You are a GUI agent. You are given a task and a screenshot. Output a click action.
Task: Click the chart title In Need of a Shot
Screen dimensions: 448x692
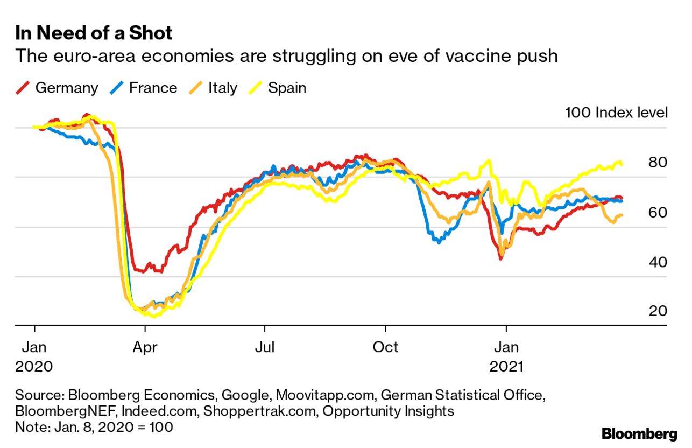[x=94, y=33]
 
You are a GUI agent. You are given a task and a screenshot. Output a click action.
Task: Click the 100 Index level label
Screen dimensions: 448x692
[x=616, y=113]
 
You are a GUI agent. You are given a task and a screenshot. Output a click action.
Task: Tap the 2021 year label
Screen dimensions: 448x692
[x=506, y=367]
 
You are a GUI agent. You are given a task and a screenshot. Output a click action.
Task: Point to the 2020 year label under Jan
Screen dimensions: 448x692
[x=34, y=367]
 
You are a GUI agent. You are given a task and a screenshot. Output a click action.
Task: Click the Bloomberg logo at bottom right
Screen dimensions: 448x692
[x=639, y=433]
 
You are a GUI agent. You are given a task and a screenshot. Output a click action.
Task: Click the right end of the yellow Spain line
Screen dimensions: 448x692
[x=622, y=164]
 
